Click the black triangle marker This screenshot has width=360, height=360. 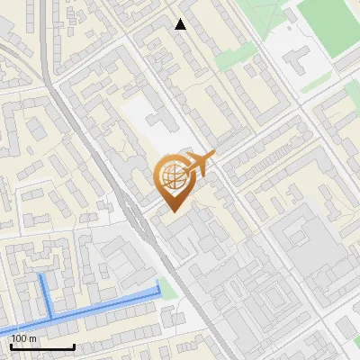tap(181, 24)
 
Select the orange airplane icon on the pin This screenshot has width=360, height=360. tap(200, 164)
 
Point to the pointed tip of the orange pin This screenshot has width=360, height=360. tap(173, 211)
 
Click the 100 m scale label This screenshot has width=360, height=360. tap(24, 338)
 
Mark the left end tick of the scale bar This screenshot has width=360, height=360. tap(12, 346)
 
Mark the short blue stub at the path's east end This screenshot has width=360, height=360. tap(158, 287)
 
